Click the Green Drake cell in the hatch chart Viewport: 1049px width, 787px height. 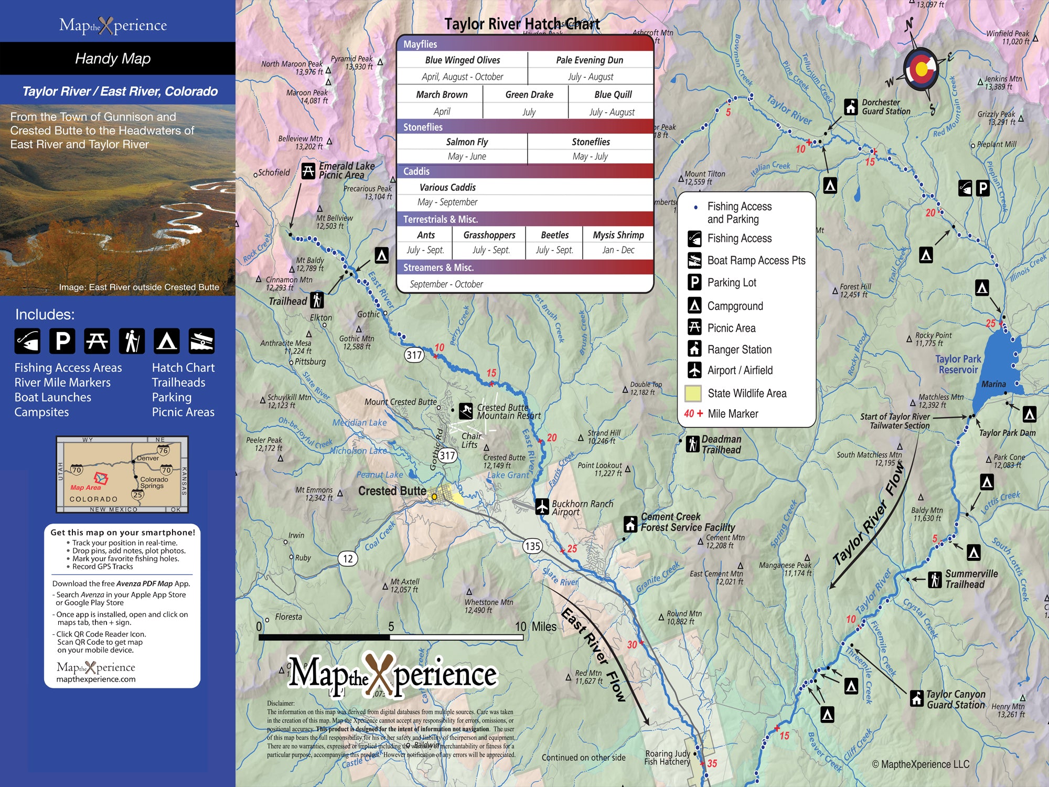(x=529, y=95)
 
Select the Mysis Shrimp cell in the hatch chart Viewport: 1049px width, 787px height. (x=618, y=235)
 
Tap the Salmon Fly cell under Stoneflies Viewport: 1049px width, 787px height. (x=466, y=142)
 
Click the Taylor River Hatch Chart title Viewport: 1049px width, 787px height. (x=522, y=24)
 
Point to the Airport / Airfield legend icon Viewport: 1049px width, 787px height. (x=694, y=370)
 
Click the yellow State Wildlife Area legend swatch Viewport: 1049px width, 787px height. (x=693, y=393)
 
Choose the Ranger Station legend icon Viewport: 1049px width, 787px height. (x=694, y=348)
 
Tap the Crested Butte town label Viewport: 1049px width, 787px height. (x=392, y=491)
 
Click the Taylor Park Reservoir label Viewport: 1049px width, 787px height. (x=958, y=364)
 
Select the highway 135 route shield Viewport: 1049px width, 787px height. (x=532, y=546)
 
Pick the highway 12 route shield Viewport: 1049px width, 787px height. (x=348, y=558)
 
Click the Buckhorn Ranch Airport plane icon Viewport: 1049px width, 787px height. (x=542, y=507)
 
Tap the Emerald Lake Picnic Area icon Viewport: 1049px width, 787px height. (x=308, y=171)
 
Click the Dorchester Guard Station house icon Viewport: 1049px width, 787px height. (x=851, y=107)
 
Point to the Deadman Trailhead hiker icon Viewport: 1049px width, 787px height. (x=692, y=444)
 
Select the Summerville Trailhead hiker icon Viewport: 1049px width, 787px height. (x=935, y=579)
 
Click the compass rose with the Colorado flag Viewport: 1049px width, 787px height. (x=920, y=69)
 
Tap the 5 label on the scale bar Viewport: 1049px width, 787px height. (x=391, y=626)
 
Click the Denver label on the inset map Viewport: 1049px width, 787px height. (x=148, y=458)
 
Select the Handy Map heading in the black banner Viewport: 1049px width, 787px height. (x=113, y=58)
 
